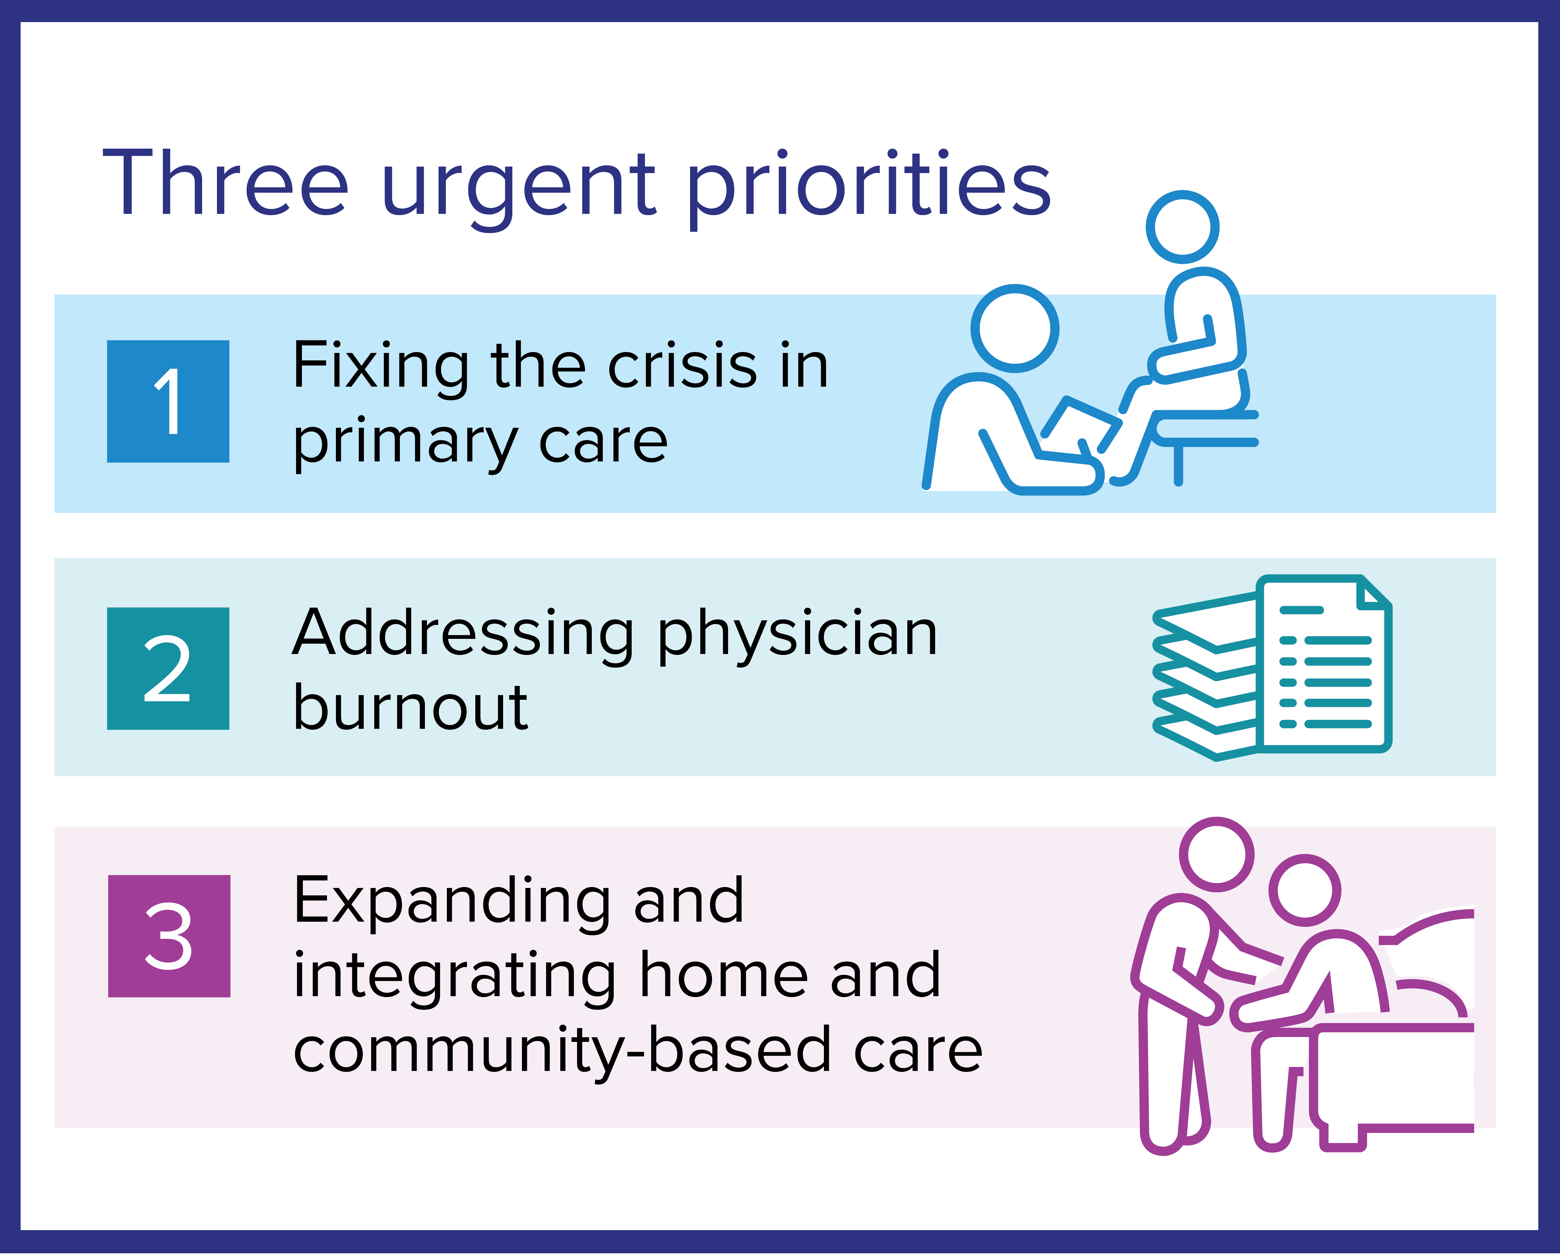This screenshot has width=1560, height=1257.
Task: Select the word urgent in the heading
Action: (x=518, y=190)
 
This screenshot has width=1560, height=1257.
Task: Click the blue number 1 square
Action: (x=168, y=401)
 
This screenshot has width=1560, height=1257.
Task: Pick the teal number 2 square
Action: (x=168, y=668)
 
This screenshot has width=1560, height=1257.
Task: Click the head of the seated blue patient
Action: (x=1183, y=227)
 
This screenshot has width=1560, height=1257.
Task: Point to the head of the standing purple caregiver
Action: (x=1217, y=854)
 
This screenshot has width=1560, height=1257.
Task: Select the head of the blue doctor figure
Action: (x=1015, y=328)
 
